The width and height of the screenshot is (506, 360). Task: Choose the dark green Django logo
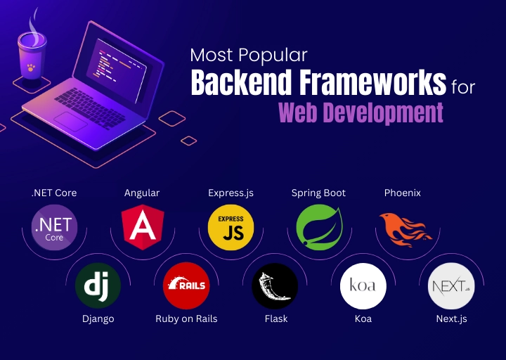click(98, 286)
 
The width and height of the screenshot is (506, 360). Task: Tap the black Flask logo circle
click(274, 286)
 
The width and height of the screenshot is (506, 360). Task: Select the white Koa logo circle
click(363, 286)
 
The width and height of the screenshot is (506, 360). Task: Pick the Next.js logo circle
click(450, 286)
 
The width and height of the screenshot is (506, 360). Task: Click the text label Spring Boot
click(318, 193)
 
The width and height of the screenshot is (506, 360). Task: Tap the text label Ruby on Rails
click(186, 319)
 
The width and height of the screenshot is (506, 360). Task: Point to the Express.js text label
click(231, 193)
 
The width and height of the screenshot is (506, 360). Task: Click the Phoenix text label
click(403, 193)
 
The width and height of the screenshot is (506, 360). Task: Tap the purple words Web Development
click(361, 112)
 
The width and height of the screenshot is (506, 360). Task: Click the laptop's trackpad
click(71, 120)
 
